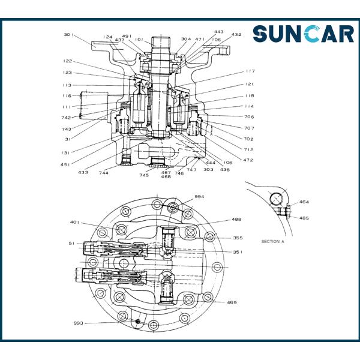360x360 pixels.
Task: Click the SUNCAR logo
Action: (303, 34)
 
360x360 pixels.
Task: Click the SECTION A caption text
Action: (273, 242)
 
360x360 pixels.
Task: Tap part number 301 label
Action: (68, 35)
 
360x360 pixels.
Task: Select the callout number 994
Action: (199, 197)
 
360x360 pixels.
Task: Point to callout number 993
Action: (78, 323)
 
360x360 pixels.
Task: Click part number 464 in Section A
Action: (304, 202)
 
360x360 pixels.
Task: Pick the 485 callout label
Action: (304, 218)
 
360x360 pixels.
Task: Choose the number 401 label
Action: (74, 222)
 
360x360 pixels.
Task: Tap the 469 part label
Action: (232, 302)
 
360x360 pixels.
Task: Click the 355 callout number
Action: (238, 238)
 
